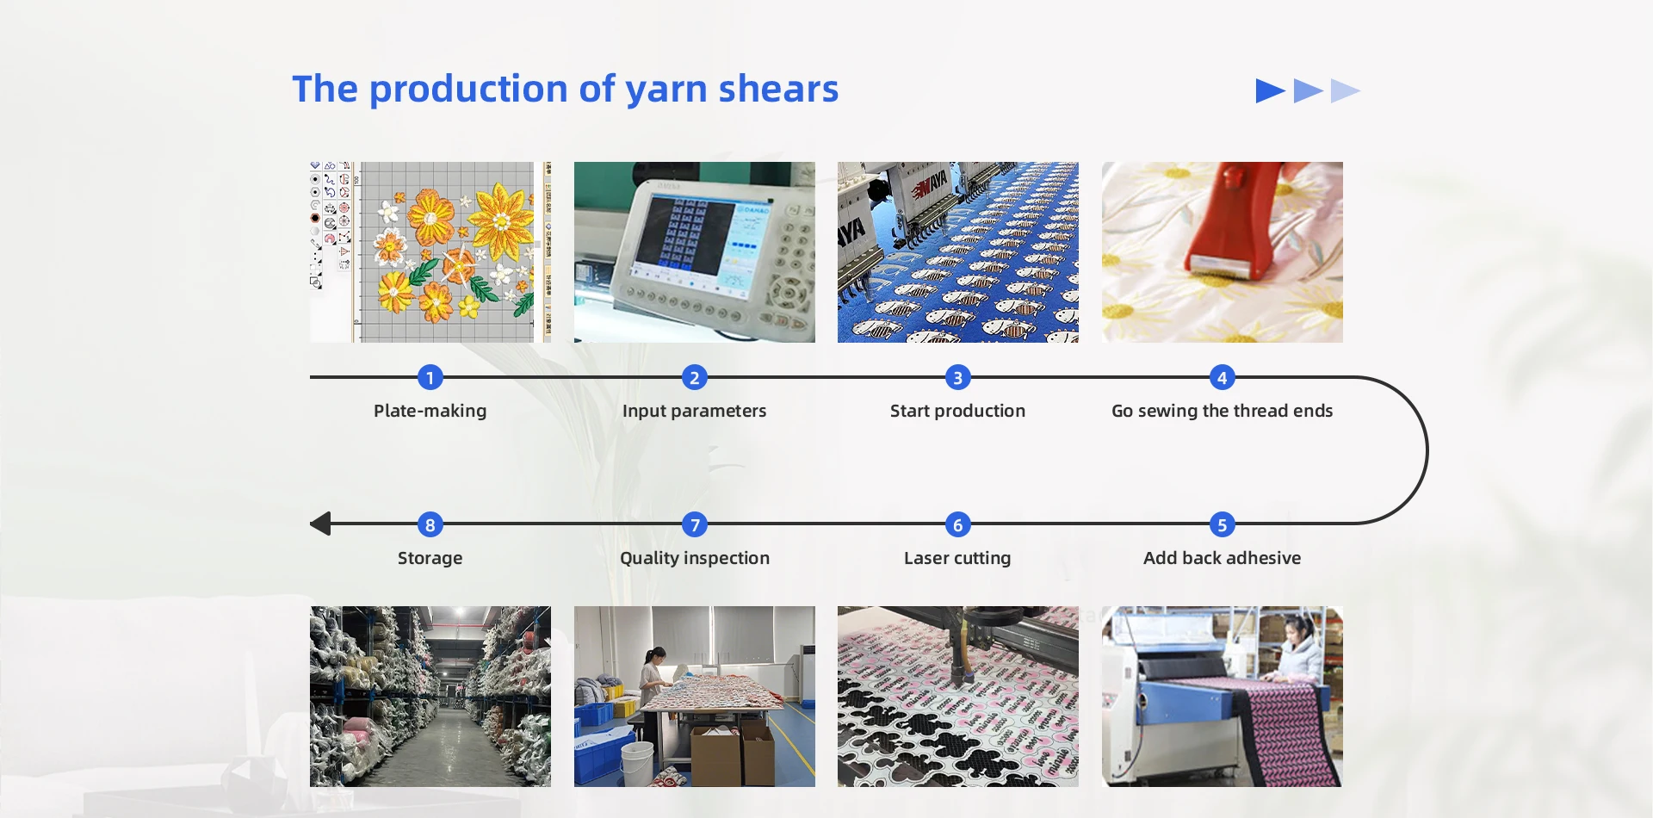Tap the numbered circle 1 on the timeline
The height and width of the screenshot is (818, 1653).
click(430, 377)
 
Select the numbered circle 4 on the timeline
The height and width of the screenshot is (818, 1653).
click(1222, 377)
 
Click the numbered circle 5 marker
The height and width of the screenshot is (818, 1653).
click(1222, 524)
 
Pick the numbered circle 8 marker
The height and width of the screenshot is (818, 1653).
click(430, 524)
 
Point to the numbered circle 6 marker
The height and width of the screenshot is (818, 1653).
click(957, 524)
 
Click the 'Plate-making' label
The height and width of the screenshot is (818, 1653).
click(430, 411)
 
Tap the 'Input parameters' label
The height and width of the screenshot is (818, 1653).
click(694, 411)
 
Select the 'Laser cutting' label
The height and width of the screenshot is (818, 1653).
click(957, 558)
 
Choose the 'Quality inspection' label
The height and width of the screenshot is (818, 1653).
click(694, 558)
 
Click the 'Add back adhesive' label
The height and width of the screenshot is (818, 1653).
click(1222, 558)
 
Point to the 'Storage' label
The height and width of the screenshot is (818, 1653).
click(430, 558)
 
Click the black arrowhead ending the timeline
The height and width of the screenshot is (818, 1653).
click(320, 524)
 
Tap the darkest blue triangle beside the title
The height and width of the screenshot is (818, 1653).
click(1269, 90)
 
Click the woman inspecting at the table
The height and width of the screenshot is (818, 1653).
click(652, 689)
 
